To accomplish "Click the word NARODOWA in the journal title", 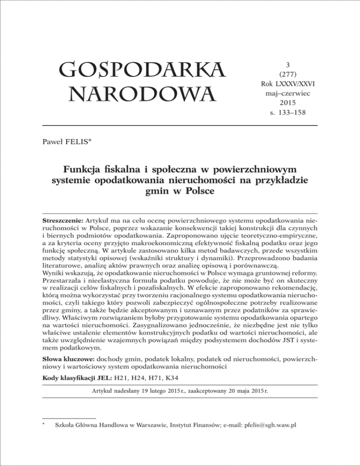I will tap(134, 96).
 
